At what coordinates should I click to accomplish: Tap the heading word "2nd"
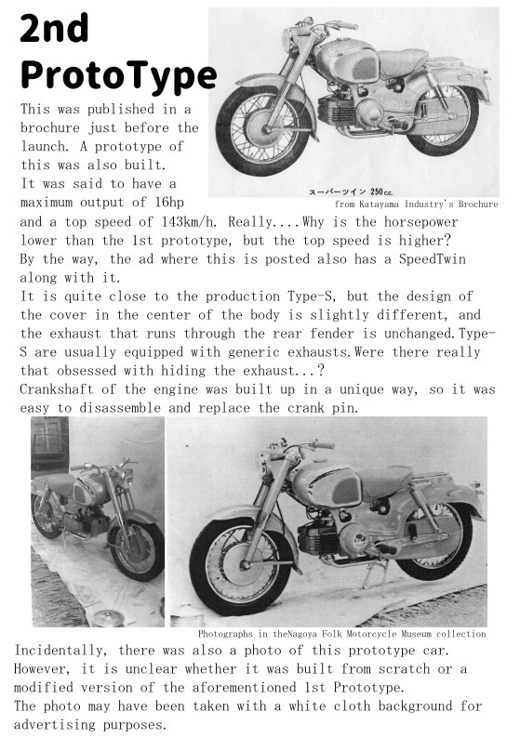tap(54, 30)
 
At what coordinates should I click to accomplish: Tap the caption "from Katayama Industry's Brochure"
tap(415, 204)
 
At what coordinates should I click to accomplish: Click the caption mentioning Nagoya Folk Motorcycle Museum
tap(342, 634)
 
